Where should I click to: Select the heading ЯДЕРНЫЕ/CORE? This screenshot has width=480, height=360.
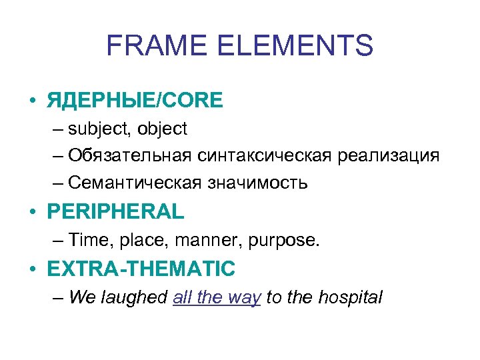coord(135,101)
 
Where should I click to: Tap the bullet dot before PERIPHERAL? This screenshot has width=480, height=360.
coord(31,212)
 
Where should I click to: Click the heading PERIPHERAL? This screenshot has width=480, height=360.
coord(115,212)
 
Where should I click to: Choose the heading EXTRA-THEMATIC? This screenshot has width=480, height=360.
coord(141,269)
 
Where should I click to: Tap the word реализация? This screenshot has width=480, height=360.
coord(388,156)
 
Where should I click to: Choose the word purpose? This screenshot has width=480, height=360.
coord(283,241)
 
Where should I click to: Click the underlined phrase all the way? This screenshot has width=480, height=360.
coord(217,297)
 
